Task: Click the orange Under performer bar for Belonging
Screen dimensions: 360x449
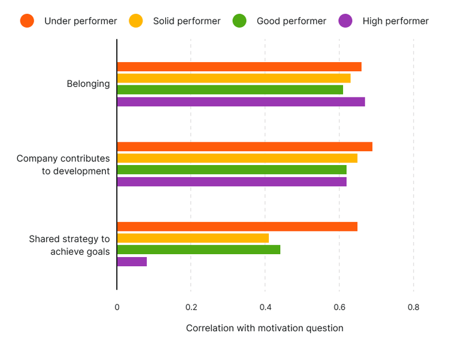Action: pos(239,66)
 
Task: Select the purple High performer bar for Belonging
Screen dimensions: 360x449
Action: pos(241,102)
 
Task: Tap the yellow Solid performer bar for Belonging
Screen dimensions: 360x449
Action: pos(233,78)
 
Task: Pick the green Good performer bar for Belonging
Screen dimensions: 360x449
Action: pos(230,90)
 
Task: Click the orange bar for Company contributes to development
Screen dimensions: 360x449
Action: pos(244,147)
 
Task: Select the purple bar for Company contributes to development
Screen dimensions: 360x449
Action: pos(232,182)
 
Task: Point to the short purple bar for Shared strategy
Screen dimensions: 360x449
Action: pos(132,261)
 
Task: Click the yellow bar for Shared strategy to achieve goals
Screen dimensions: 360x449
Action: pos(193,238)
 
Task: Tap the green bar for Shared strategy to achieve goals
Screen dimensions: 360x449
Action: pos(199,250)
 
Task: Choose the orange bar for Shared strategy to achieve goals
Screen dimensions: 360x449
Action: pos(237,227)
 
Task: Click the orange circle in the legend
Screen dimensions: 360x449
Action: pos(27,21)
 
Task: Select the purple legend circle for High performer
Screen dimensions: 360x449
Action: pos(345,21)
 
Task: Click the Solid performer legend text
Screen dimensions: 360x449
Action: pos(187,21)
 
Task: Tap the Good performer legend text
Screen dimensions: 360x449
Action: pos(291,21)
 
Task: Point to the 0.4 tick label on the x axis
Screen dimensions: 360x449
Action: pos(265,307)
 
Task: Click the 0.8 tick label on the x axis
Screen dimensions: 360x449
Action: pos(413,307)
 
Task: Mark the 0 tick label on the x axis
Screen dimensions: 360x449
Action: pos(117,307)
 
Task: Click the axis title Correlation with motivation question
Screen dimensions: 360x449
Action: pos(265,328)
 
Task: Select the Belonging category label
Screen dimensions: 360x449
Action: pos(88,84)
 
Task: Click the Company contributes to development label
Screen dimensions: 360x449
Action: pos(63,164)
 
